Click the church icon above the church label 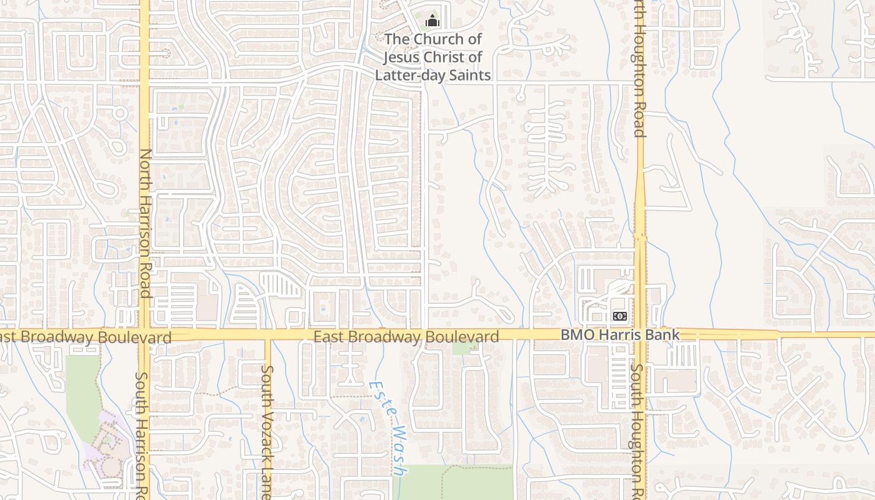[432, 21]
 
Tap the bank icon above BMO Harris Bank [619, 316]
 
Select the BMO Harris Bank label [619, 335]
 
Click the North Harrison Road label [145, 222]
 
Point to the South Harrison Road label [142, 434]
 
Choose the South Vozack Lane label [267, 431]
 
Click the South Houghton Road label [636, 431]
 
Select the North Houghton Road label [638, 69]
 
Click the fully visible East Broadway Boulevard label [406, 337]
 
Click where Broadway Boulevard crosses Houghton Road [640, 334]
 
